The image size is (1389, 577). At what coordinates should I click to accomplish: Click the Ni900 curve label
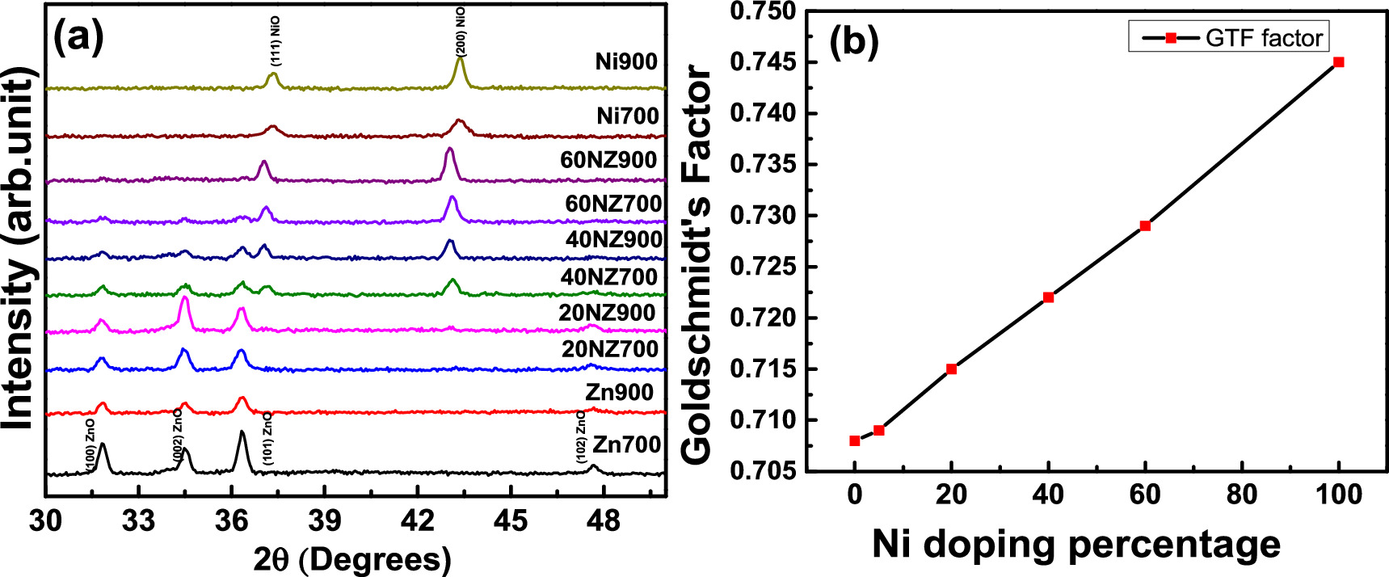(x=625, y=62)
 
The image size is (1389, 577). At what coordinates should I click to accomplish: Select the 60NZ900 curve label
(x=608, y=160)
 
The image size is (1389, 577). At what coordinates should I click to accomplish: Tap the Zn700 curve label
(x=626, y=444)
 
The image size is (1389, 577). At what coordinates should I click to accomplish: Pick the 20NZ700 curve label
(x=610, y=349)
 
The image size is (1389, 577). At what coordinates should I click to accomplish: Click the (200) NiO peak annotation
(x=461, y=30)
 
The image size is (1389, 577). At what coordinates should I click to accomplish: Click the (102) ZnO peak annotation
(x=581, y=436)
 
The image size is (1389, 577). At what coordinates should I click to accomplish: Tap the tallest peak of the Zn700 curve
(x=242, y=434)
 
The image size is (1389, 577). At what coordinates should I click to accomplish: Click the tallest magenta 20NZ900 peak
(x=185, y=299)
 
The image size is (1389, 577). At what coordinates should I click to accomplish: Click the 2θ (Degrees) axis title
(x=352, y=559)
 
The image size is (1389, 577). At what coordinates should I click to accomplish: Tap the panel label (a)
(x=78, y=36)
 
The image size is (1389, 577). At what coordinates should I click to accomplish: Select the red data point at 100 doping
(x=1338, y=62)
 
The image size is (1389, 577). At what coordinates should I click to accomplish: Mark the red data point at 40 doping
(x=1048, y=297)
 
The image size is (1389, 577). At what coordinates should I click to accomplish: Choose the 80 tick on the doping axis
(x=1242, y=494)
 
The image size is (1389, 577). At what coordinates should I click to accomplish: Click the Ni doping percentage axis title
(x=1075, y=545)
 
